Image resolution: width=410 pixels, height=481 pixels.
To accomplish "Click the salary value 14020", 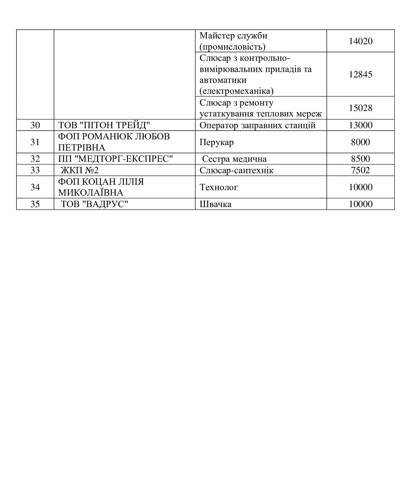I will tap(360, 41).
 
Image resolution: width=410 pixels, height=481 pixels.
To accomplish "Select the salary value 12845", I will tap(360, 74).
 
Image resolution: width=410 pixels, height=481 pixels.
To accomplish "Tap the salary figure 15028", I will tap(360, 108).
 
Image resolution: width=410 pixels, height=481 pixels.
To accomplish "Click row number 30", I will tap(35, 125).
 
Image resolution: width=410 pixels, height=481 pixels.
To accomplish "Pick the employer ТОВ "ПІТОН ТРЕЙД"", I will tap(104, 125).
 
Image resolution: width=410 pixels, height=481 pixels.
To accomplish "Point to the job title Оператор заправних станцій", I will tap(257, 125).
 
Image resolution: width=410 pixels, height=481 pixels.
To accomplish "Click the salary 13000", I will tap(360, 125).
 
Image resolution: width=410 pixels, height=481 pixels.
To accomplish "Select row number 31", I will tap(35, 142).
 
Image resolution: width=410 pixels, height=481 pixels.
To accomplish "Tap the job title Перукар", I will tap(216, 142).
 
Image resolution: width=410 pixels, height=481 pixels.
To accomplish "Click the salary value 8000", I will tap(360, 142).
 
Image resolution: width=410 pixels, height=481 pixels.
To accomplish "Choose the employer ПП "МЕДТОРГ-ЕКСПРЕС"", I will tap(115, 159).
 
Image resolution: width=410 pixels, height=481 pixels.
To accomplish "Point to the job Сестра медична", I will tap(234, 159).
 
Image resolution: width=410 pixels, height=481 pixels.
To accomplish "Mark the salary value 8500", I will tap(360, 159).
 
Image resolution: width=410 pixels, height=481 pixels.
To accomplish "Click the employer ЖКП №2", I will tap(79, 170).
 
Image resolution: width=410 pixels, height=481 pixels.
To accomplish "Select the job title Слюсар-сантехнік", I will tap(236, 170).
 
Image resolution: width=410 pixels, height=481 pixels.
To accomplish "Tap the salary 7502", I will tap(360, 170).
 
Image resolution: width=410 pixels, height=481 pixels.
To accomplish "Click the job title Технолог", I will tap(218, 187).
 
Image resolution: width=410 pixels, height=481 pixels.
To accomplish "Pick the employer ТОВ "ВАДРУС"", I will tap(94, 204).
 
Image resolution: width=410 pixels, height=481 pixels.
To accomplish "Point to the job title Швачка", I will tap(215, 204).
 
